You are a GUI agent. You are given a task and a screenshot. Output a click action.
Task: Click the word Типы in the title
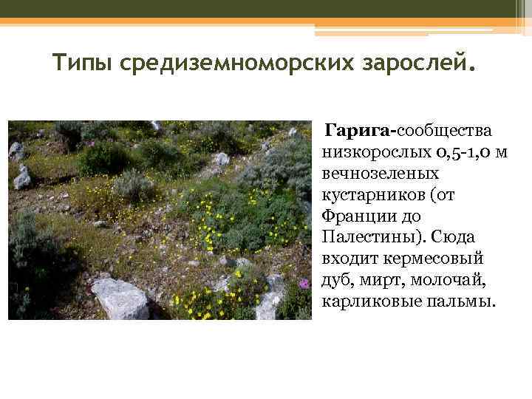81,64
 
